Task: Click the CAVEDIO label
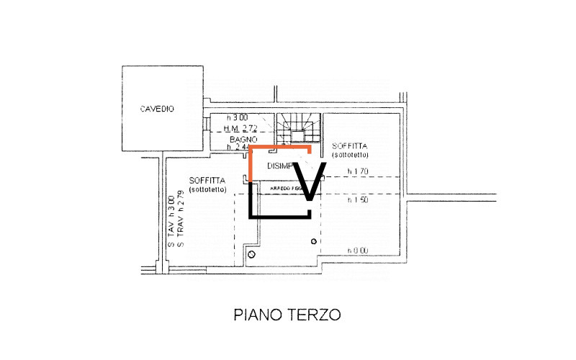157,109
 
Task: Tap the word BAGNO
239,138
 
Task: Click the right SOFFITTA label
351,145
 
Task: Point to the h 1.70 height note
358,171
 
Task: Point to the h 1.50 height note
358,200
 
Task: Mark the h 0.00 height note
358,251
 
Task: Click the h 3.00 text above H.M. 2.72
237,117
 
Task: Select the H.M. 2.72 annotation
241,127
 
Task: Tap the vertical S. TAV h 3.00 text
171,220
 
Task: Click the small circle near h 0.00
313,241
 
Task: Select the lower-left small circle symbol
251,255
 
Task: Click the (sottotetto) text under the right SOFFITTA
351,155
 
